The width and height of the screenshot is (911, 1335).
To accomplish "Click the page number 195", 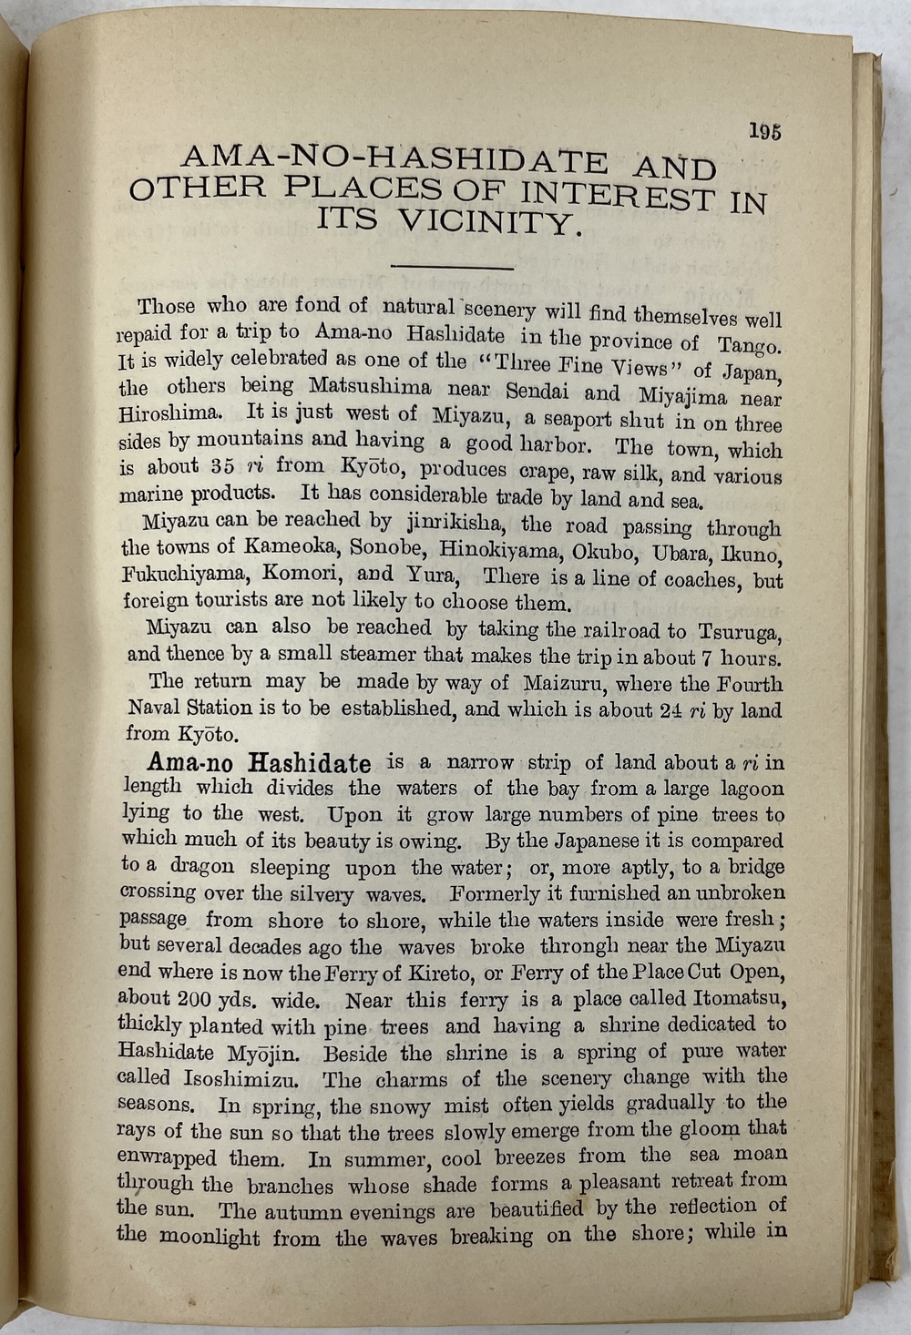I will click(764, 131).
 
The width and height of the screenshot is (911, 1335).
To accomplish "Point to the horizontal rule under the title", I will click(452, 267).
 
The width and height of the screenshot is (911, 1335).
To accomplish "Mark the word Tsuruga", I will click(740, 632).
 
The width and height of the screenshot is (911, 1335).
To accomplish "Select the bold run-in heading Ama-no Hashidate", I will click(259, 762).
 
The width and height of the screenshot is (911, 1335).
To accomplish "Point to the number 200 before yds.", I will click(194, 999).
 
